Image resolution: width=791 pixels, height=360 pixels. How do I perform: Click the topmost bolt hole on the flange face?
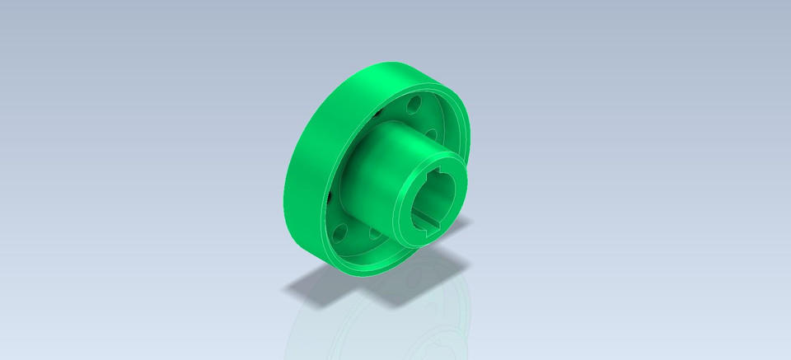[x=414, y=105]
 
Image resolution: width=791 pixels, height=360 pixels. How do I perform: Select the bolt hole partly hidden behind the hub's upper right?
[x=430, y=133]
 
